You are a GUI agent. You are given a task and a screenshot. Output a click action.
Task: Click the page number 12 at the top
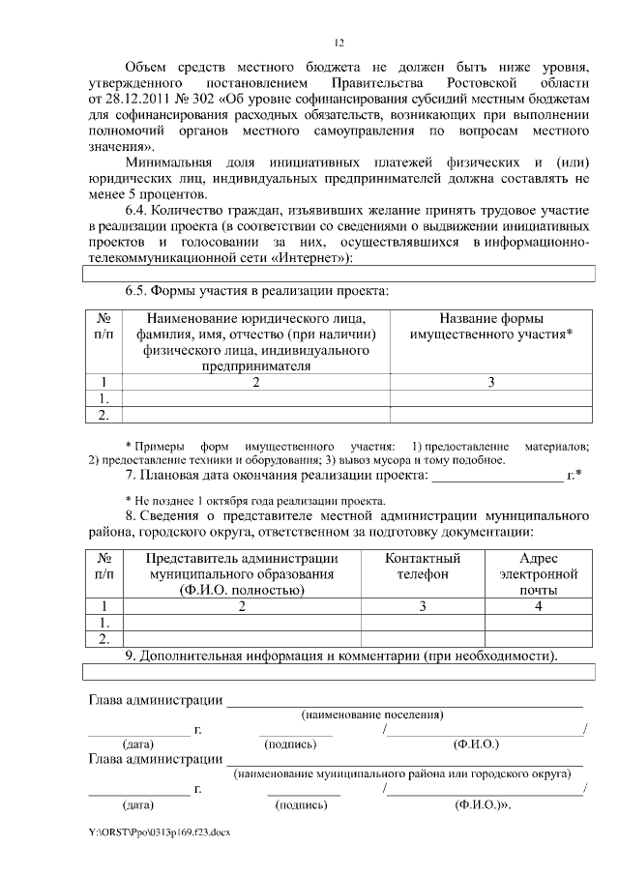coord(339,43)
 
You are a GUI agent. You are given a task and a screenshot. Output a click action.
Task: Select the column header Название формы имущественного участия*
coord(490,327)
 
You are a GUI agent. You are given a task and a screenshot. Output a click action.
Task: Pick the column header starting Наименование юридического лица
coord(256,342)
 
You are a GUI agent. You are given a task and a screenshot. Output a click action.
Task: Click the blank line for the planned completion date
coord(495,476)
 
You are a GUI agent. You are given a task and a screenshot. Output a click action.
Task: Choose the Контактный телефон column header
coord(422,567)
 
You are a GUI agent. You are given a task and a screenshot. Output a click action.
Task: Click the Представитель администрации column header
coord(242,574)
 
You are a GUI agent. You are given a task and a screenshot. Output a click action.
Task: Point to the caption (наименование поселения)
coord(371,715)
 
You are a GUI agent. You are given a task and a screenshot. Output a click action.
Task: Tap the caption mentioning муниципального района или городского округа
coord(406,774)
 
